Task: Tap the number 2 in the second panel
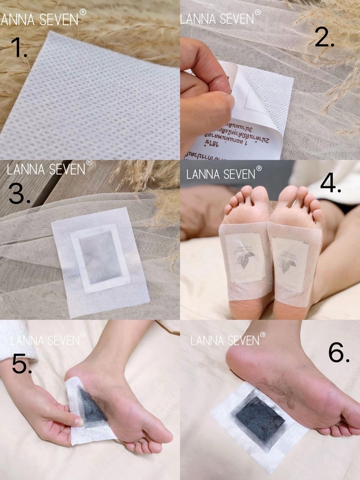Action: pos(324,38)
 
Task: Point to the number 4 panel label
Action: pos(330,183)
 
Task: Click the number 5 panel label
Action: pos(22,364)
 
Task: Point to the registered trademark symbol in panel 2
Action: pos(258,13)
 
